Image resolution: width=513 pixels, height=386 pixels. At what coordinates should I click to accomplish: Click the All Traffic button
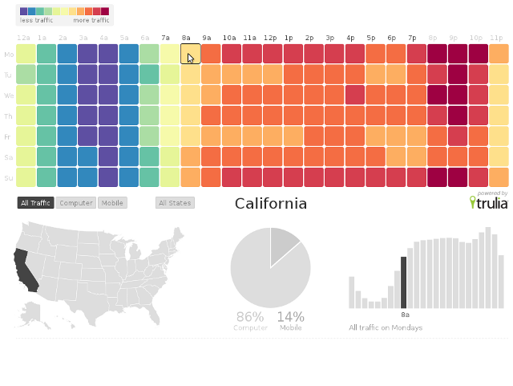tap(35, 203)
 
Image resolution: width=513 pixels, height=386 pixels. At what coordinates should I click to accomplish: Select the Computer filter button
tap(76, 203)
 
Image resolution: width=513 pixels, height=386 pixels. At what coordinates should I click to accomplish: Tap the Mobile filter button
tap(112, 203)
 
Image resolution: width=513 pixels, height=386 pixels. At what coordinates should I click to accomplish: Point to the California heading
tap(270, 204)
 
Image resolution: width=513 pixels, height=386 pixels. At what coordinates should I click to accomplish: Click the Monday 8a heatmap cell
tap(190, 55)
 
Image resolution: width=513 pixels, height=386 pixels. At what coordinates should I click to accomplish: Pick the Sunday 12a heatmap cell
tap(26, 177)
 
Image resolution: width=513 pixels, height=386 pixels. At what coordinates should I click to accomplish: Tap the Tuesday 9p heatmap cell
tap(458, 75)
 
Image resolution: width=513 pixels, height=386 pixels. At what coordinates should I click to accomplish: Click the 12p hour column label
tap(270, 38)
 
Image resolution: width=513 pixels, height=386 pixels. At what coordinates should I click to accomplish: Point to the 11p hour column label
tap(497, 38)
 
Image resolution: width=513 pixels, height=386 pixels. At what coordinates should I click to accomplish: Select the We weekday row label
tap(9, 95)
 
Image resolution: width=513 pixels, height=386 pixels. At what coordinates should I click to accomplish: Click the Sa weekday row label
tap(9, 157)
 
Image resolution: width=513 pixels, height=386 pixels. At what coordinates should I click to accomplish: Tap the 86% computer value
tap(250, 317)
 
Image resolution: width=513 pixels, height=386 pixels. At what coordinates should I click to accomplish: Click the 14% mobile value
tap(290, 317)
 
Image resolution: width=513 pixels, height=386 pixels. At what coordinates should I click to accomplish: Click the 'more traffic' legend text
tap(91, 20)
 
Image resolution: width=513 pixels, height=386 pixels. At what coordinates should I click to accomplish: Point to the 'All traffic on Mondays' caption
tap(386, 327)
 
